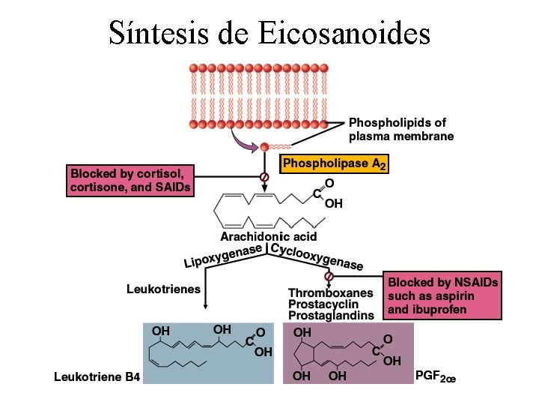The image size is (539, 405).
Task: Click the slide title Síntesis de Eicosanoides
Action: click(269, 32)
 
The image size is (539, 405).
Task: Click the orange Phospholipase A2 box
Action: click(335, 163)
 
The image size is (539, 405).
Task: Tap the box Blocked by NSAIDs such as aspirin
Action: click(442, 295)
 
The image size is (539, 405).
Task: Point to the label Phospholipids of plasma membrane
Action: click(401, 129)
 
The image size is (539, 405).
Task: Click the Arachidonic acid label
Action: click(268, 237)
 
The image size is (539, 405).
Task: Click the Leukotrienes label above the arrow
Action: click(163, 289)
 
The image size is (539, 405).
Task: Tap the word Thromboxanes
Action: click(330, 292)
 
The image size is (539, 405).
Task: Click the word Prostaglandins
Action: click(330, 316)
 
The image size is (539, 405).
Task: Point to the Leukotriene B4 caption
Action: click(97, 376)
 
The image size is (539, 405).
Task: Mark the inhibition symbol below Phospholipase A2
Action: click(264, 177)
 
